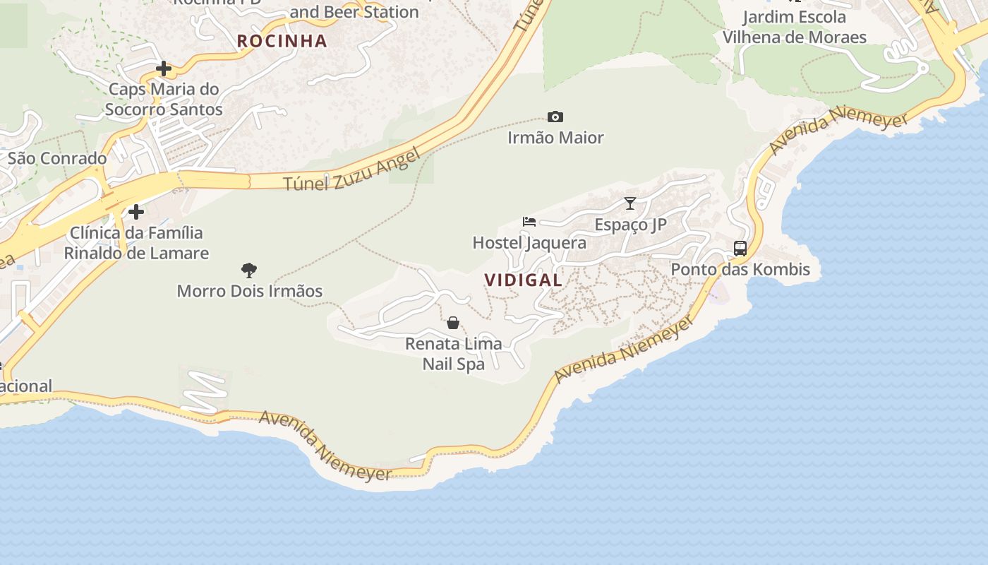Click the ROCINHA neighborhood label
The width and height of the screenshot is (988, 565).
(x=282, y=41)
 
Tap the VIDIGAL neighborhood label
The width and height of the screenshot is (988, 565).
(x=524, y=280)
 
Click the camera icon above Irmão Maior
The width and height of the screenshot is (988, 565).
(x=555, y=117)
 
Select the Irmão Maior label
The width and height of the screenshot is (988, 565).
(x=555, y=138)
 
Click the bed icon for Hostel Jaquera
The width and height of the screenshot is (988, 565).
(x=529, y=222)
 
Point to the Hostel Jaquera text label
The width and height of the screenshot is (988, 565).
(x=529, y=243)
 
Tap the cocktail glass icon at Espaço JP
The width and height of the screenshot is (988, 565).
(x=630, y=203)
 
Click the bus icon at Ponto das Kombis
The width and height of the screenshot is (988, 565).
(x=740, y=249)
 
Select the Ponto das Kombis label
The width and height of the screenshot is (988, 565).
(x=740, y=269)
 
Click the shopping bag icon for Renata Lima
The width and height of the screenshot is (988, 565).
(x=453, y=323)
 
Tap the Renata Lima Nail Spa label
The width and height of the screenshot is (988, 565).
(x=454, y=354)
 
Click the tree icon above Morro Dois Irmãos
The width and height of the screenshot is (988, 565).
(x=248, y=270)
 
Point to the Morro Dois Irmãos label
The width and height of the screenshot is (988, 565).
(x=249, y=291)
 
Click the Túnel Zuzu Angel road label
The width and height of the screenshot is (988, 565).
(x=352, y=169)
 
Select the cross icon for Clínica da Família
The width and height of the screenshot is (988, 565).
(x=136, y=212)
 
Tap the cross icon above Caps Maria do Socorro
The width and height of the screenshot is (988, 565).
(x=164, y=69)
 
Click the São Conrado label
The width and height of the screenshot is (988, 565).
(x=57, y=158)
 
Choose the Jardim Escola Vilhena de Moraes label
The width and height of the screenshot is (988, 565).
(x=794, y=27)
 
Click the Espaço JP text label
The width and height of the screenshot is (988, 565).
(x=630, y=225)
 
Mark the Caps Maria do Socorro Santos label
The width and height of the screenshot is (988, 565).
(x=164, y=100)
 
